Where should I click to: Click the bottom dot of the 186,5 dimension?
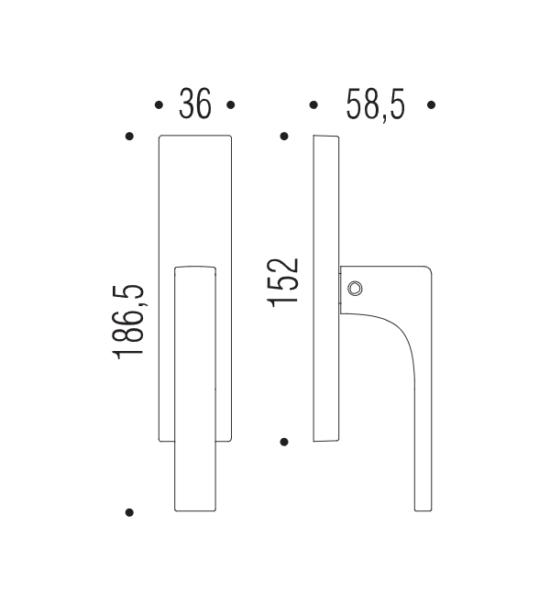pyautogui.click(x=130, y=511)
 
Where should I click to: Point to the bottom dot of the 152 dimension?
pyautogui.click(x=285, y=443)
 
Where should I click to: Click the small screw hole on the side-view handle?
pyautogui.click(x=357, y=289)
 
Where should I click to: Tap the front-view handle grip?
pyautogui.click(x=195, y=385)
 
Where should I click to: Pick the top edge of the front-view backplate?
pyautogui.click(x=195, y=137)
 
